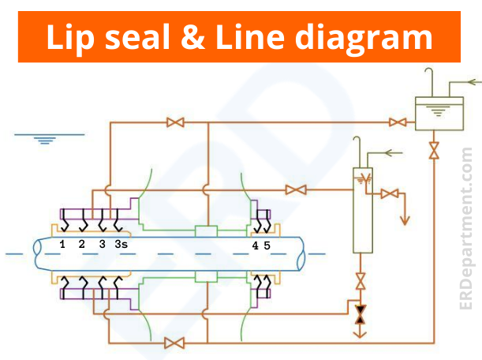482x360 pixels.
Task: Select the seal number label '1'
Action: click(62, 245)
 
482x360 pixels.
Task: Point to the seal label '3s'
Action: click(121, 245)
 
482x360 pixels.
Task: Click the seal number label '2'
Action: click(81, 245)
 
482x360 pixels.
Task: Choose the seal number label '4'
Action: click(255, 246)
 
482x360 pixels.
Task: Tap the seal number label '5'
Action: click(267, 246)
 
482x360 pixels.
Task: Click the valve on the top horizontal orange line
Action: click(175, 122)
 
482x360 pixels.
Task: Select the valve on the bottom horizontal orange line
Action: click(175, 343)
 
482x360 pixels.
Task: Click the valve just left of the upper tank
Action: click(398, 122)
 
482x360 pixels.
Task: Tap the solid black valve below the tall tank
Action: click(361, 313)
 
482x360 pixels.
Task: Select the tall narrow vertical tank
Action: click(363, 209)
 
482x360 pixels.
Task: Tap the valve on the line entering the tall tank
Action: click(296, 189)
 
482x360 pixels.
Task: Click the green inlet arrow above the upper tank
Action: click(470, 81)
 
